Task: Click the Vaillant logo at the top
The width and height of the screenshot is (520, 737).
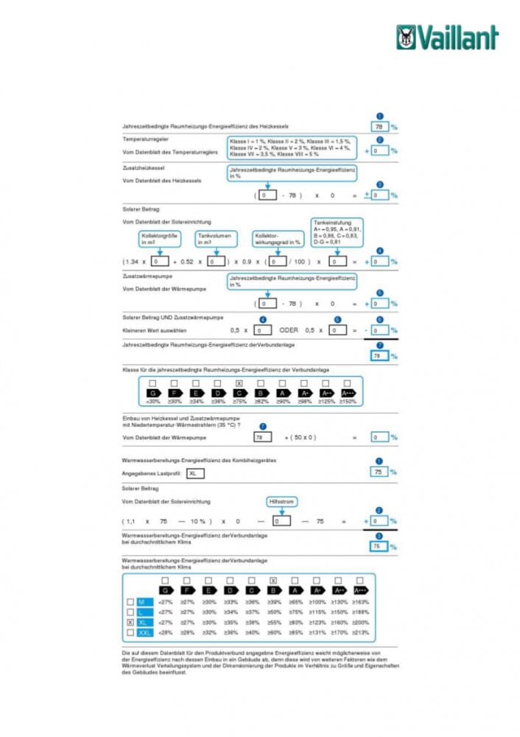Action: click(x=447, y=37)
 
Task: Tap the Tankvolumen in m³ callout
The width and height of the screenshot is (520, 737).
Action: click(x=217, y=238)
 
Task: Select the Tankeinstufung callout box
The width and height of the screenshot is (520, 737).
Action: click(x=337, y=233)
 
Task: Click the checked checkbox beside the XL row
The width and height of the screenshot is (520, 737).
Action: click(x=130, y=622)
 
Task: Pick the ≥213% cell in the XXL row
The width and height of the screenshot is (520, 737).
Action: click(x=360, y=632)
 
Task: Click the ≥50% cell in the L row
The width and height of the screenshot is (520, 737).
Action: click(x=274, y=612)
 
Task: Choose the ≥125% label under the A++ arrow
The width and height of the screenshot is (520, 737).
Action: click(x=326, y=401)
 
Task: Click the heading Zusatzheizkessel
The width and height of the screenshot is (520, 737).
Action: click(x=142, y=168)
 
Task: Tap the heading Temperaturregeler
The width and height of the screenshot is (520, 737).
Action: click(x=144, y=139)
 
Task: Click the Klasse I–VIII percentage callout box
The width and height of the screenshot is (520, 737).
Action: click(x=291, y=147)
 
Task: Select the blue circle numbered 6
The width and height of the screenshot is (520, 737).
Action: click(x=379, y=318)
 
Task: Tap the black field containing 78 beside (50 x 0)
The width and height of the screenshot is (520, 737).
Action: click(x=262, y=437)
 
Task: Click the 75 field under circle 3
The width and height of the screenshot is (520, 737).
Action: click(x=377, y=547)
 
